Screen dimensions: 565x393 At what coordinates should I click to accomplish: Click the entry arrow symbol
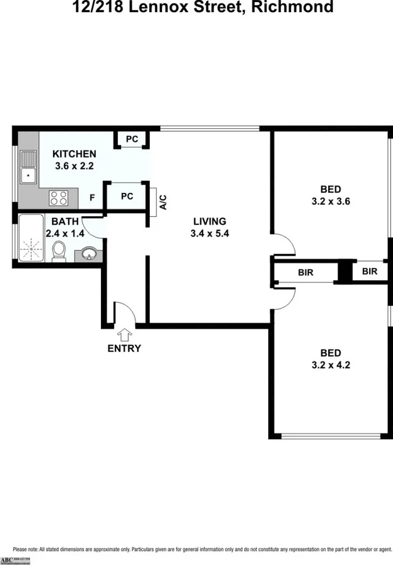click(x=124, y=335)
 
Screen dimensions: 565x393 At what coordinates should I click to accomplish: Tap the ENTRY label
click(x=124, y=348)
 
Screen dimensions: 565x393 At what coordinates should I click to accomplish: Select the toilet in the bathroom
click(x=59, y=251)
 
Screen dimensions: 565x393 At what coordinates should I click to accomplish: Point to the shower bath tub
click(x=30, y=239)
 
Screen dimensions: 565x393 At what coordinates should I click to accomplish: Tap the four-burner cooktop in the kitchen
click(x=58, y=197)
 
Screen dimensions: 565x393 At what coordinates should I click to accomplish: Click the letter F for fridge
click(x=92, y=197)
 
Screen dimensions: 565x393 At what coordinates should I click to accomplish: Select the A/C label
click(x=164, y=202)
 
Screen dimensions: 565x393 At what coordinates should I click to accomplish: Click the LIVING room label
click(x=209, y=221)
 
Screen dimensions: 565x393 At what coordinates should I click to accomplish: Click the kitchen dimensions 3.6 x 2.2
click(x=73, y=165)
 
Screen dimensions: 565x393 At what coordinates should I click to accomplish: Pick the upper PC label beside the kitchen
click(x=132, y=139)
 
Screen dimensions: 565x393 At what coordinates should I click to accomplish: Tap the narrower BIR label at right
click(x=370, y=271)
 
